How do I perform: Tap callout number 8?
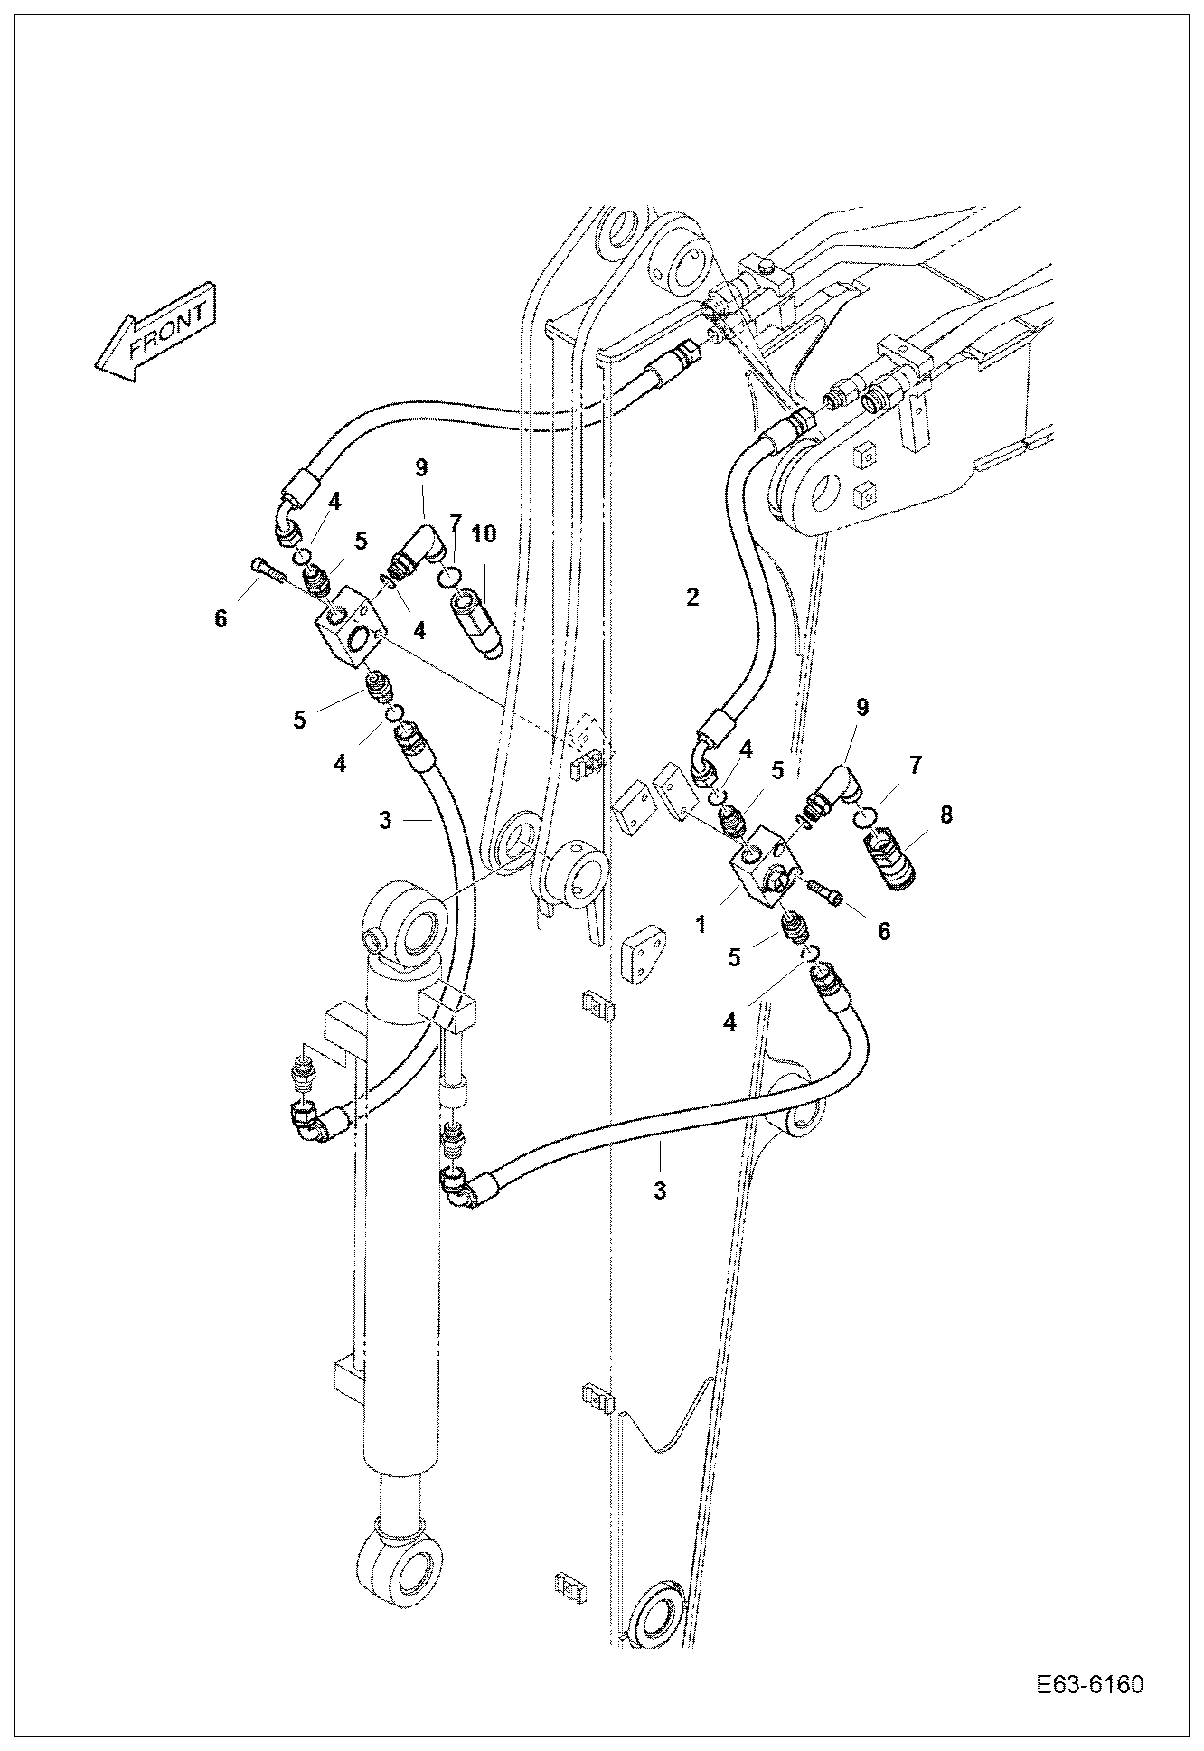pos(945,814)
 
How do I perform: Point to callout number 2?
pos(692,598)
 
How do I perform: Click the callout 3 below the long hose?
pos(660,1191)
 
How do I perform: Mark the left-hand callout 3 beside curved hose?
pos(385,821)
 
